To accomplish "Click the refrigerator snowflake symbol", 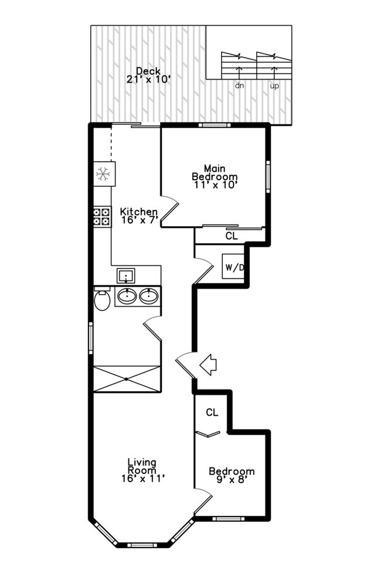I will (103, 173).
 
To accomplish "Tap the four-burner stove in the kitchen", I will (102, 217).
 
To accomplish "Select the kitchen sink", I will (125, 275).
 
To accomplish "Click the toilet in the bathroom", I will (102, 300).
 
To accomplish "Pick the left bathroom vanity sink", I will (127, 296).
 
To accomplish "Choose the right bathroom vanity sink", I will (149, 296).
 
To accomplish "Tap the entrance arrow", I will (208, 365).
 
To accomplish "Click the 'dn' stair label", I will (239, 86).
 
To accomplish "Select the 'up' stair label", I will (274, 86).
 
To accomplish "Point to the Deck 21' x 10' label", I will (148, 75).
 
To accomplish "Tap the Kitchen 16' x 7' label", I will (139, 216).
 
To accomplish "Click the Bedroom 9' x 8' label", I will (232, 476).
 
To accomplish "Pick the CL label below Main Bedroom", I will (232, 236).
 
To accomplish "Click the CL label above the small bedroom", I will (212, 412).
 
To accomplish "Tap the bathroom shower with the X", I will (127, 379).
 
